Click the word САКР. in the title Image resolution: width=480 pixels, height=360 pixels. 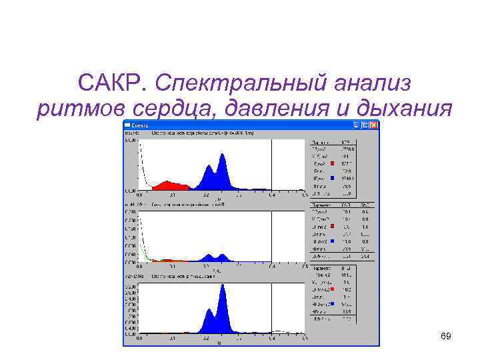pos(111,84)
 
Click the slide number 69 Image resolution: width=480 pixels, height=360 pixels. pos(446,336)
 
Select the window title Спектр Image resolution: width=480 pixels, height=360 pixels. pos(140,125)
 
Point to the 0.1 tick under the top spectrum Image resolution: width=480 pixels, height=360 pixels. pos(172,195)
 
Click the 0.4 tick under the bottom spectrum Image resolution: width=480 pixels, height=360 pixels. pos(271,338)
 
